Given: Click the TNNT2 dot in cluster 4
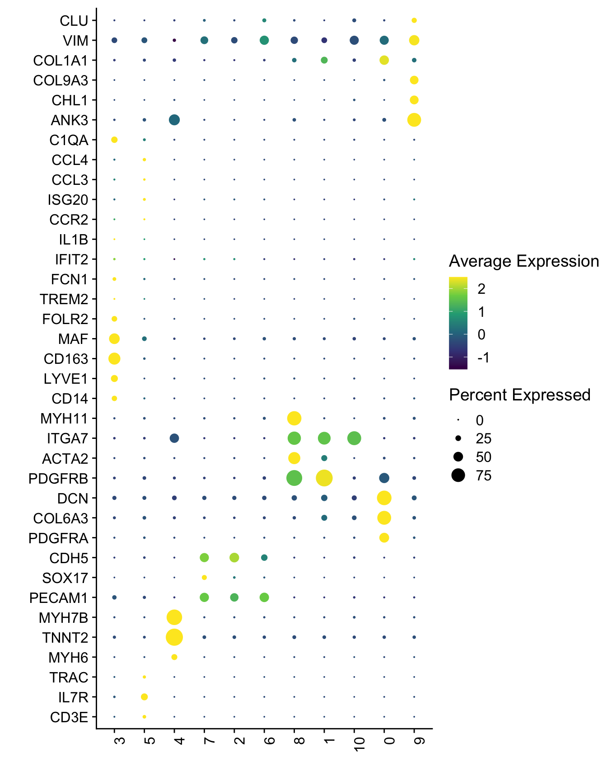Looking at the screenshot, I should pos(174,637).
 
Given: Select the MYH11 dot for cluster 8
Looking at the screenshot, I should pos(294,419).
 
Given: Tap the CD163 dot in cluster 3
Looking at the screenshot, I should pos(114,359).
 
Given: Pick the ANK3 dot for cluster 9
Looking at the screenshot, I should pos(414,120).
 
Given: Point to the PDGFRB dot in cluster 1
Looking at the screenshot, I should pos(324,478).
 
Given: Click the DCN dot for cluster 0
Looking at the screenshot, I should pos(384,498).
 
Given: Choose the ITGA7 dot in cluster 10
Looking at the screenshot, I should pos(354,438).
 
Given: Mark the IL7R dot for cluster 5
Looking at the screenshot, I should pos(144,697).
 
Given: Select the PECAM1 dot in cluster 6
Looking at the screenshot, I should pos(264,598).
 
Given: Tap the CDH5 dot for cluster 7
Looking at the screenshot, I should pos(204,558).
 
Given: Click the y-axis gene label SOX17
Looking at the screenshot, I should pos(65,578).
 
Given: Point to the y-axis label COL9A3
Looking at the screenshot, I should pos(61,80).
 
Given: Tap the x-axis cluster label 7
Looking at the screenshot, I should pos(209,741).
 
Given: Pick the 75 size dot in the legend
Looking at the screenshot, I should pos(458,475).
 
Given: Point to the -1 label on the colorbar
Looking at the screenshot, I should pos(483,358).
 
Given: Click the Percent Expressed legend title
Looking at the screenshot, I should pos(520,395).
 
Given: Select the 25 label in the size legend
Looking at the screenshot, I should pos(484,438).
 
